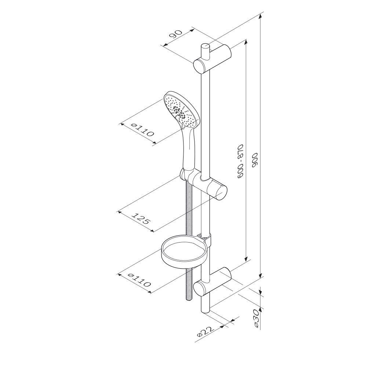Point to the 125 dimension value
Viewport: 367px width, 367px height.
[141, 218]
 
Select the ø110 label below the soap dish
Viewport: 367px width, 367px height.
[139, 280]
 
